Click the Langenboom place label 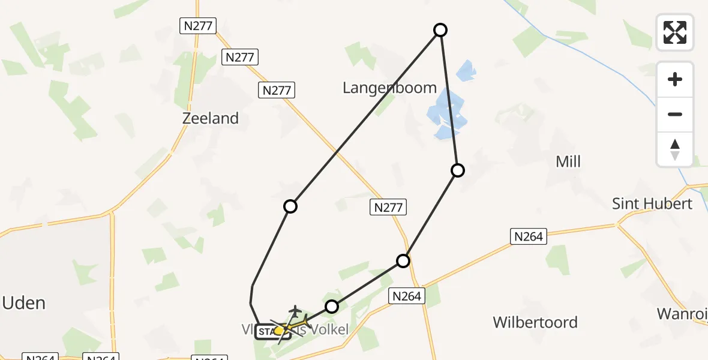click(x=389, y=88)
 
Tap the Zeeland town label click(x=211, y=118)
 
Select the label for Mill click(x=568, y=161)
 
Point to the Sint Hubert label click(x=652, y=203)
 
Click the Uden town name click(x=24, y=303)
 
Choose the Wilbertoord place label click(x=535, y=322)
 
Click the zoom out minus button click(x=675, y=115)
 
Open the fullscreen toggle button click(x=675, y=32)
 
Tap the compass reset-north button click(x=675, y=149)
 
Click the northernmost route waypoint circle click(x=440, y=30)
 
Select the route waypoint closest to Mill click(x=458, y=170)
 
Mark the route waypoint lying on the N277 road click(x=403, y=261)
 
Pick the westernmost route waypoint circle click(x=290, y=206)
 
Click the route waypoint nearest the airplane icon click(x=332, y=307)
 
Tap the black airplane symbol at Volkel click(x=295, y=311)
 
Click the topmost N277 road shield click(x=197, y=26)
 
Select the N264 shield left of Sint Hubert click(x=529, y=236)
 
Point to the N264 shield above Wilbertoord click(x=408, y=295)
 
